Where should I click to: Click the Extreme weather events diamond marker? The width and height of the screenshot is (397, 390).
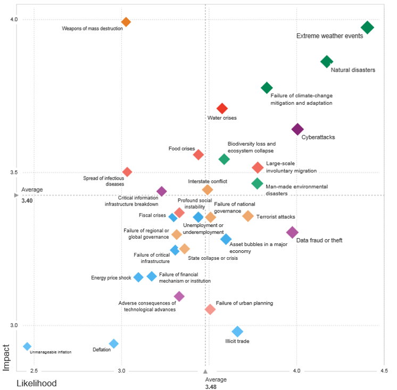(367, 28)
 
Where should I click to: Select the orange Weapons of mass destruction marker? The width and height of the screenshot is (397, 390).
(126, 22)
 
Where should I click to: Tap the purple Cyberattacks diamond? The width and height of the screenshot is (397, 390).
(297, 129)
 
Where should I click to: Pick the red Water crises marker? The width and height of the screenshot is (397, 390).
(222, 109)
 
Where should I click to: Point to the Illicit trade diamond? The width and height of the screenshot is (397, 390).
(237, 332)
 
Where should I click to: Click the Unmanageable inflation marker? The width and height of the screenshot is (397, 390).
(27, 346)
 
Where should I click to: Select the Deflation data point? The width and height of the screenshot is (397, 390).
(113, 344)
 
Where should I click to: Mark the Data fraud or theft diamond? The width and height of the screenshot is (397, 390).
(292, 232)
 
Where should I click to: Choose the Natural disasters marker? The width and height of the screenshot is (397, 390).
(327, 62)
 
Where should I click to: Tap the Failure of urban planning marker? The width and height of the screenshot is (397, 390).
(210, 309)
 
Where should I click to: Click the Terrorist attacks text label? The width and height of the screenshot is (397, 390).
(276, 217)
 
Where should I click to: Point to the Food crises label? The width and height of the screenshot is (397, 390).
(181, 149)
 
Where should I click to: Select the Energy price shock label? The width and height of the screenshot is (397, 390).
(111, 278)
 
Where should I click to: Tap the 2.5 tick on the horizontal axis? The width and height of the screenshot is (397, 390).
(34, 370)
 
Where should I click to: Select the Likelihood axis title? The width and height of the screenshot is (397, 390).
(37, 383)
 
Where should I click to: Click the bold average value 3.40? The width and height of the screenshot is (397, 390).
(27, 201)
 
